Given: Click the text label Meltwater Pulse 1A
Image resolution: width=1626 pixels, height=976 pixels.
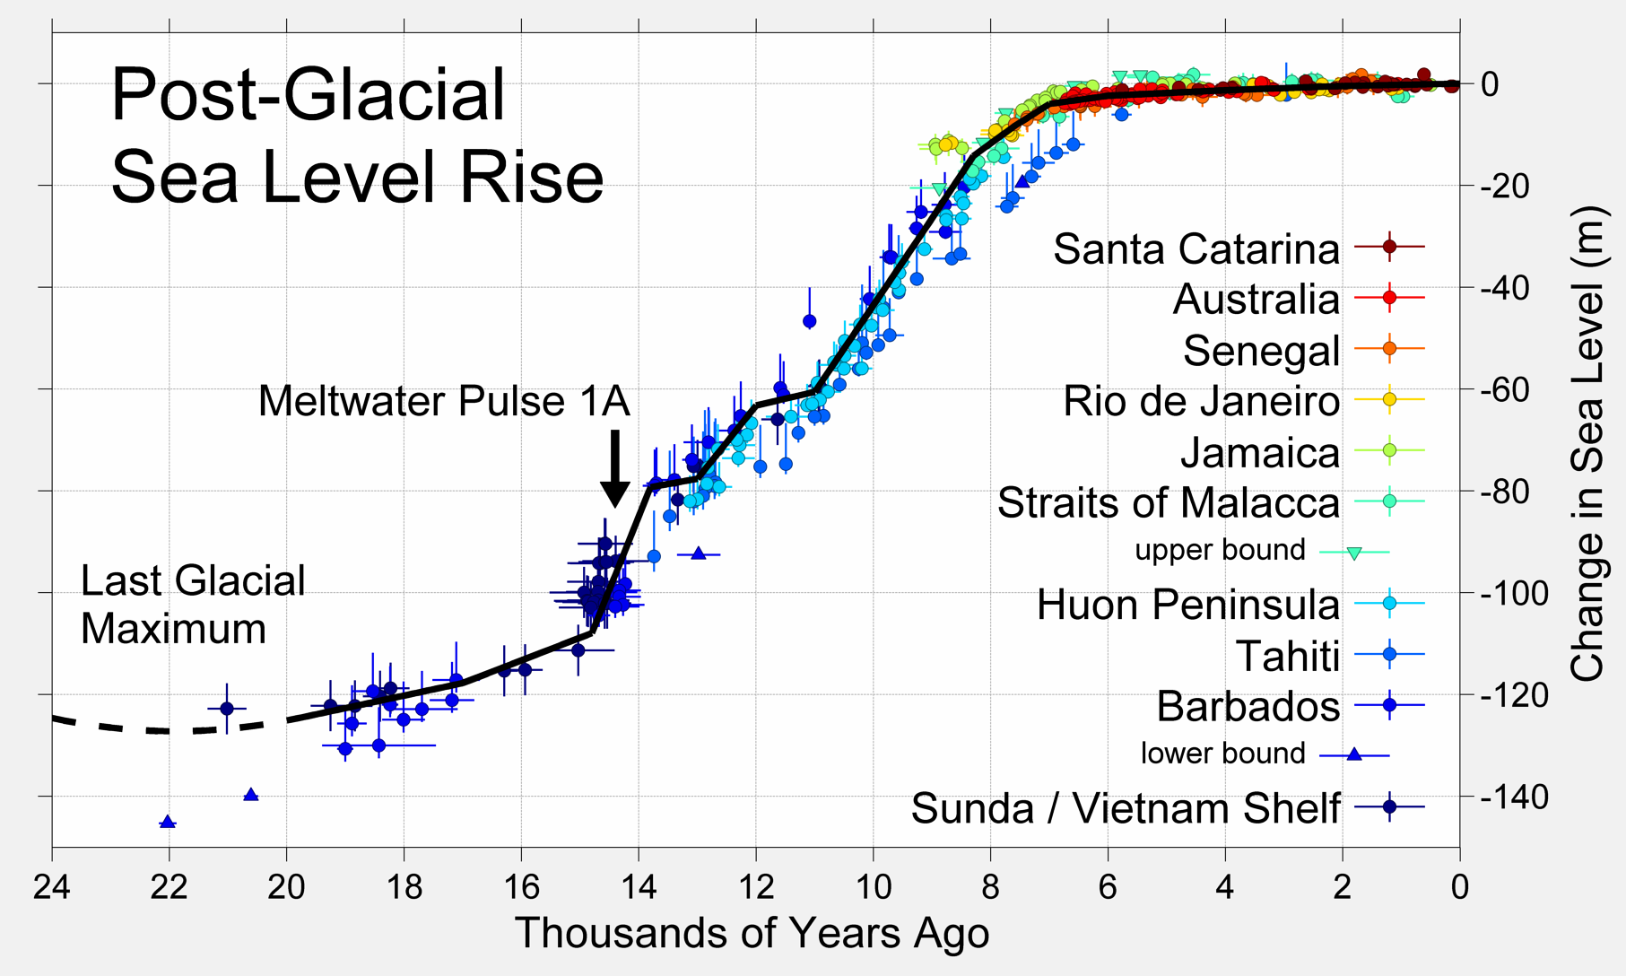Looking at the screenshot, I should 444,401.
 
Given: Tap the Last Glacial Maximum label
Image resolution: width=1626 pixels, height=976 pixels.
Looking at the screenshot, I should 193,605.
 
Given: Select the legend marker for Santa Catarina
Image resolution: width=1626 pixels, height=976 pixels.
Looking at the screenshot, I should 1389,246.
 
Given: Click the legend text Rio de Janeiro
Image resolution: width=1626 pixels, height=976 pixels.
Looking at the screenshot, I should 1201,401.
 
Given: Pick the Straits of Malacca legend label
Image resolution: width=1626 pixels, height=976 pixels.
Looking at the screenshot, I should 1168,503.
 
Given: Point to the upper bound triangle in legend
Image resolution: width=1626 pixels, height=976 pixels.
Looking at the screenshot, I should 1354,553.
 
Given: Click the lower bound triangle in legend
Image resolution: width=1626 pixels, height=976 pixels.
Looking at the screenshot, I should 1354,754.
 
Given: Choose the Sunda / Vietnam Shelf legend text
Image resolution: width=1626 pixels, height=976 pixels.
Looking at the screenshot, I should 1126,808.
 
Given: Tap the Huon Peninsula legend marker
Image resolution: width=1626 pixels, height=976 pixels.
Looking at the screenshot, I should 1389,604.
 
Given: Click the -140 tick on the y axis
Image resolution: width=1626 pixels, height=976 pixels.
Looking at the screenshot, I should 1513,797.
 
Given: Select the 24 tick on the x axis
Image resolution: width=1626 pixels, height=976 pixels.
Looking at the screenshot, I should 52,887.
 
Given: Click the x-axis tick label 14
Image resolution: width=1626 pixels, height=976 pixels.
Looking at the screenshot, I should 639,887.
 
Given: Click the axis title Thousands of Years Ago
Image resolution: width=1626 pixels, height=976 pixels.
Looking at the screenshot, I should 752,933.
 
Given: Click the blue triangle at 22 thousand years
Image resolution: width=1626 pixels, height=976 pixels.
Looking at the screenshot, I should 168,822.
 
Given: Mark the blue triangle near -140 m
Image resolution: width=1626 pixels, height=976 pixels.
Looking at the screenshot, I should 251,795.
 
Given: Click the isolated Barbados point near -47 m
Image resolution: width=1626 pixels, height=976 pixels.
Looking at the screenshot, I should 809,320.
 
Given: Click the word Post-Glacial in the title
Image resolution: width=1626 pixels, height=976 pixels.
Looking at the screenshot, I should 308,95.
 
